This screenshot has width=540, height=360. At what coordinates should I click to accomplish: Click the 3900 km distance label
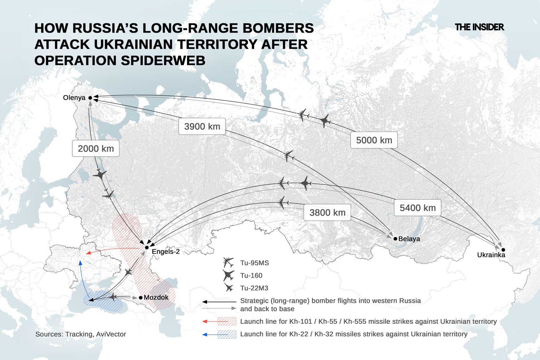click(202, 126)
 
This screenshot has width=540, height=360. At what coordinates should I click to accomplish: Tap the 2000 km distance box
click(96, 148)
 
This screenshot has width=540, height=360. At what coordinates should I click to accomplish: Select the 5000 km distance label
click(374, 140)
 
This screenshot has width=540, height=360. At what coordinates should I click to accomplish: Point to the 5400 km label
click(417, 208)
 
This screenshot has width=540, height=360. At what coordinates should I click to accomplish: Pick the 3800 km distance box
click(327, 213)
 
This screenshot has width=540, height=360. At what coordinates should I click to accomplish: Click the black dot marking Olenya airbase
click(90, 98)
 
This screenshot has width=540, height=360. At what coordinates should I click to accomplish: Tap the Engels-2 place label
click(166, 252)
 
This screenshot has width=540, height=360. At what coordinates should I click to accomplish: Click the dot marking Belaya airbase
click(395, 239)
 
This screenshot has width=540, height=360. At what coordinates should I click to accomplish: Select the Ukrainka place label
click(491, 255)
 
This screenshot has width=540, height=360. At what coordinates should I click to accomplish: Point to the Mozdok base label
click(156, 297)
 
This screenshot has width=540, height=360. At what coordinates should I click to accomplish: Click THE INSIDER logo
click(479, 27)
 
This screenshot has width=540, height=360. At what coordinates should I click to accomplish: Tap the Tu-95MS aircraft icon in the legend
click(228, 262)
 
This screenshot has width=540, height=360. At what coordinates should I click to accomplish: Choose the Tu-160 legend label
click(251, 276)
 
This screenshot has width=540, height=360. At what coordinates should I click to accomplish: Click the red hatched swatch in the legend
click(227, 321)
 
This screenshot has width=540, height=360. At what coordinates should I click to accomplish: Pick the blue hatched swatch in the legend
click(227, 334)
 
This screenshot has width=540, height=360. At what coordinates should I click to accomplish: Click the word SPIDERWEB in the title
click(163, 60)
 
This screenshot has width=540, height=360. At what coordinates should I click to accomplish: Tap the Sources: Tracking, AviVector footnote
click(80, 334)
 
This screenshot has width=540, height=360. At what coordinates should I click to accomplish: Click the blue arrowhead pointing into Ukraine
click(80, 263)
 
